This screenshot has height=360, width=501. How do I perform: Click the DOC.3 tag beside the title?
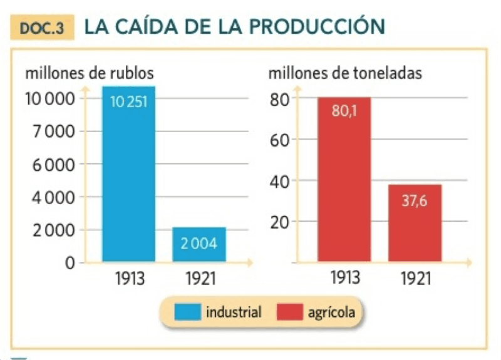click(x=42, y=28)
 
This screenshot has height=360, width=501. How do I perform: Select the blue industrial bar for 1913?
click(x=129, y=174)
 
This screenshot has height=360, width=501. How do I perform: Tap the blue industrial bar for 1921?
click(x=199, y=245)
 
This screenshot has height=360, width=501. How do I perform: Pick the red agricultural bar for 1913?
click(x=344, y=180)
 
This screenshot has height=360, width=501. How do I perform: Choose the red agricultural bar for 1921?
click(x=415, y=224)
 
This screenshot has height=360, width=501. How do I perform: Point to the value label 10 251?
click(x=129, y=102)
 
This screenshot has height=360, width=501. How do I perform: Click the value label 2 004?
click(x=199, y=244)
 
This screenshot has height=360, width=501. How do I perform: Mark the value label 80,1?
click(x=344, y=111)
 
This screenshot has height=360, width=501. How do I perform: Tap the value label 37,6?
click(x=415, y=201)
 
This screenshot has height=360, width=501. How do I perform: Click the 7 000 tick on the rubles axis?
click(x=54, y=131)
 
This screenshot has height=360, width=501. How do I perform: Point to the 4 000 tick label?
click(x=53, y=198)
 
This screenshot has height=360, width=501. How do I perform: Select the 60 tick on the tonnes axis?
click(x=279, y=140)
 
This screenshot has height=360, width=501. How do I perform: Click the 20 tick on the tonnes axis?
click(x=279, y=222)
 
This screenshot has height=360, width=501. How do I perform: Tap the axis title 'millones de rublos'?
click(x=90, y=73)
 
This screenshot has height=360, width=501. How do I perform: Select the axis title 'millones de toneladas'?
click(x=345, y=73)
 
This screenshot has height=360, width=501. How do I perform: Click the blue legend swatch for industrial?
click(x=187, y=312)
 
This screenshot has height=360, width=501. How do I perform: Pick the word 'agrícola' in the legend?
click(x=331, y=312)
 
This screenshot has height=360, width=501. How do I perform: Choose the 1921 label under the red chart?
click(x=416, y=278)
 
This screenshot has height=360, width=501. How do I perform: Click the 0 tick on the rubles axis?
click(x=70, y=263)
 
